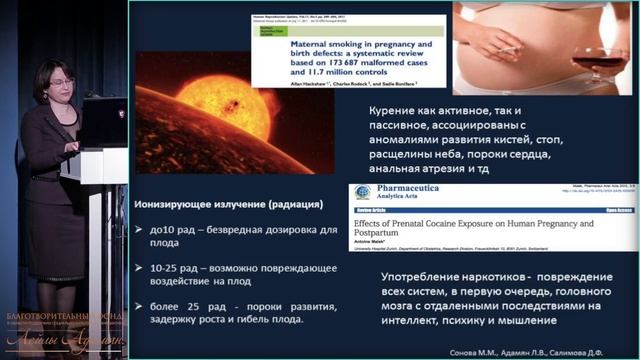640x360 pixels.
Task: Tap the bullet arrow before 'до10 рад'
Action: (x=143, y=231)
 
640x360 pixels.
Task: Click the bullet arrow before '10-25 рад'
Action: (x=143, y=269)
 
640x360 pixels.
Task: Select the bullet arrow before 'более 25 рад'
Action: (x=143, y=306)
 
